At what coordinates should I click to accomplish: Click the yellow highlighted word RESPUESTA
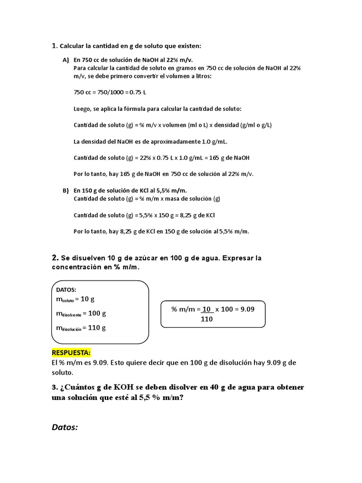[x=71, y=353]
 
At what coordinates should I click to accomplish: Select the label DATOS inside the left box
[x=66, y=290]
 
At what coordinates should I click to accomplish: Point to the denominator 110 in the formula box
[x=206, y=319]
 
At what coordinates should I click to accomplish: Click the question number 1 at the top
[x=54, y=46]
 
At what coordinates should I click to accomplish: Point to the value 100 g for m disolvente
[x=97, y=313]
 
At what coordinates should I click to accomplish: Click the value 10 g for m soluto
[x=88, y=299]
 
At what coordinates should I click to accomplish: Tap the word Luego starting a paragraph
[x=83, y=108]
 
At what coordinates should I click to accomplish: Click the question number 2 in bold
[x=55, y=258]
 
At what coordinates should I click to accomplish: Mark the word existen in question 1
[x=188, y=46]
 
